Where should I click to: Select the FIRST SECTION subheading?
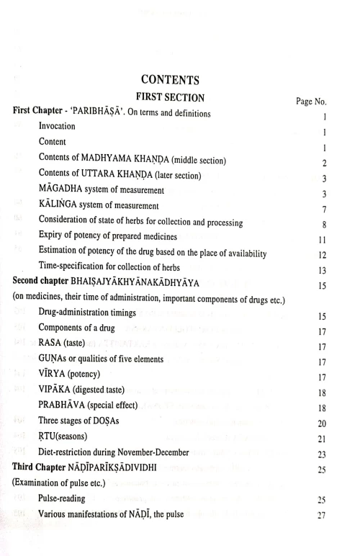180,97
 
